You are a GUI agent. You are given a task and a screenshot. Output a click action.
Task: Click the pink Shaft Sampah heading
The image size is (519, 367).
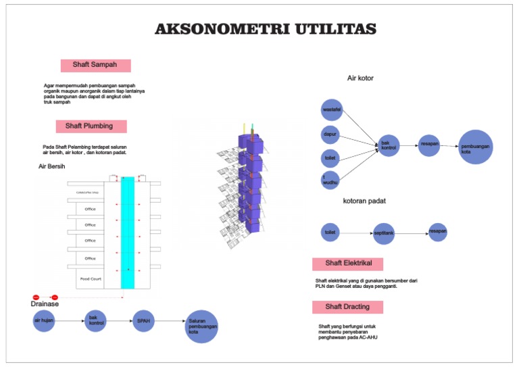coord(95,66)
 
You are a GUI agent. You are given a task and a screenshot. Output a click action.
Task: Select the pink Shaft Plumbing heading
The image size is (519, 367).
coord(91,126)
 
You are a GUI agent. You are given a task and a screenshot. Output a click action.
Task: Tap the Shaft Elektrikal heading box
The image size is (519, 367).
coord(347,264)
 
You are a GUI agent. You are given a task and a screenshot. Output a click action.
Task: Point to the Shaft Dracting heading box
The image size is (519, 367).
coord(347,307)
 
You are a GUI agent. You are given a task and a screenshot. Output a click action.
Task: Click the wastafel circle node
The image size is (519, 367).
coord(332,109)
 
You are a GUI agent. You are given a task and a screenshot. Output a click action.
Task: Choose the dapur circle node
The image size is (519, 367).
coord(330,134)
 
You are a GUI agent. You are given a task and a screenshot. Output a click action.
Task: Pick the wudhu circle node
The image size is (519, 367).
coord(330,180)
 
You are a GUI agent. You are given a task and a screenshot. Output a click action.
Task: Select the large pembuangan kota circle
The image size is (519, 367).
coord(476,147)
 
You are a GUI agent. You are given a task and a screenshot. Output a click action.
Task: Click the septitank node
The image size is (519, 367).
coord(384,233)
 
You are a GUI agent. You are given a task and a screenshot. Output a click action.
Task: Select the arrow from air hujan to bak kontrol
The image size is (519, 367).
coord(70,320)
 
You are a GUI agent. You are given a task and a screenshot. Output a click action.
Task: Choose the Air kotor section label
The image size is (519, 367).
coord(360,78)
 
